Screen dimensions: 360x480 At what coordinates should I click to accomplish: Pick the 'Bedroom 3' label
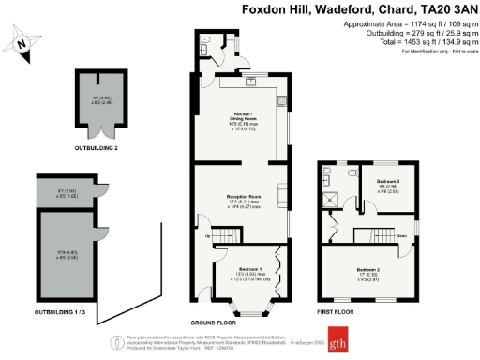pos(388,180)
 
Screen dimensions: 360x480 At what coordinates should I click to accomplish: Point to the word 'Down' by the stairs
pos(400,235)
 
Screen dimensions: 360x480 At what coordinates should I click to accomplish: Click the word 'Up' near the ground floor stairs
pos(207,236)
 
